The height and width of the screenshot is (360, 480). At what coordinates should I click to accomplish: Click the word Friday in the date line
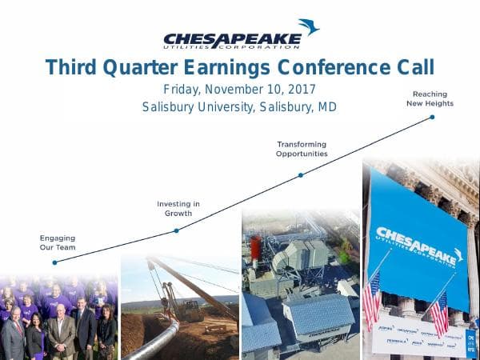click(x=185, y=89)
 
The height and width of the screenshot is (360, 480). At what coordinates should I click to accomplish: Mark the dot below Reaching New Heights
click(x=433, y=117)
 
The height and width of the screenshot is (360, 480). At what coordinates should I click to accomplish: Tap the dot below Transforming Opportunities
click(x=301, y=174)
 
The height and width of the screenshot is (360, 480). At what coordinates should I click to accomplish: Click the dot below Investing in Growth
click(x=176, y=230)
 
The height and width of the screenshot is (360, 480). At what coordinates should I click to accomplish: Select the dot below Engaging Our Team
click(x=54, y=262)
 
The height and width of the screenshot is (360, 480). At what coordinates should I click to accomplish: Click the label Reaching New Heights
click(x=429, y=98)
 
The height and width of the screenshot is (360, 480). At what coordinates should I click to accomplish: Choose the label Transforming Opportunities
click(x=302, y=149)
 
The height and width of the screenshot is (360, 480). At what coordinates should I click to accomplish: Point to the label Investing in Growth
click(x=178, y=209)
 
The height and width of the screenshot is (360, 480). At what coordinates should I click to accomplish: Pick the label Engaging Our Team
click(x=57, y=242)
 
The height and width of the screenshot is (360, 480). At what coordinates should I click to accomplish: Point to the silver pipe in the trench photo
click(x=153, y=341)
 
